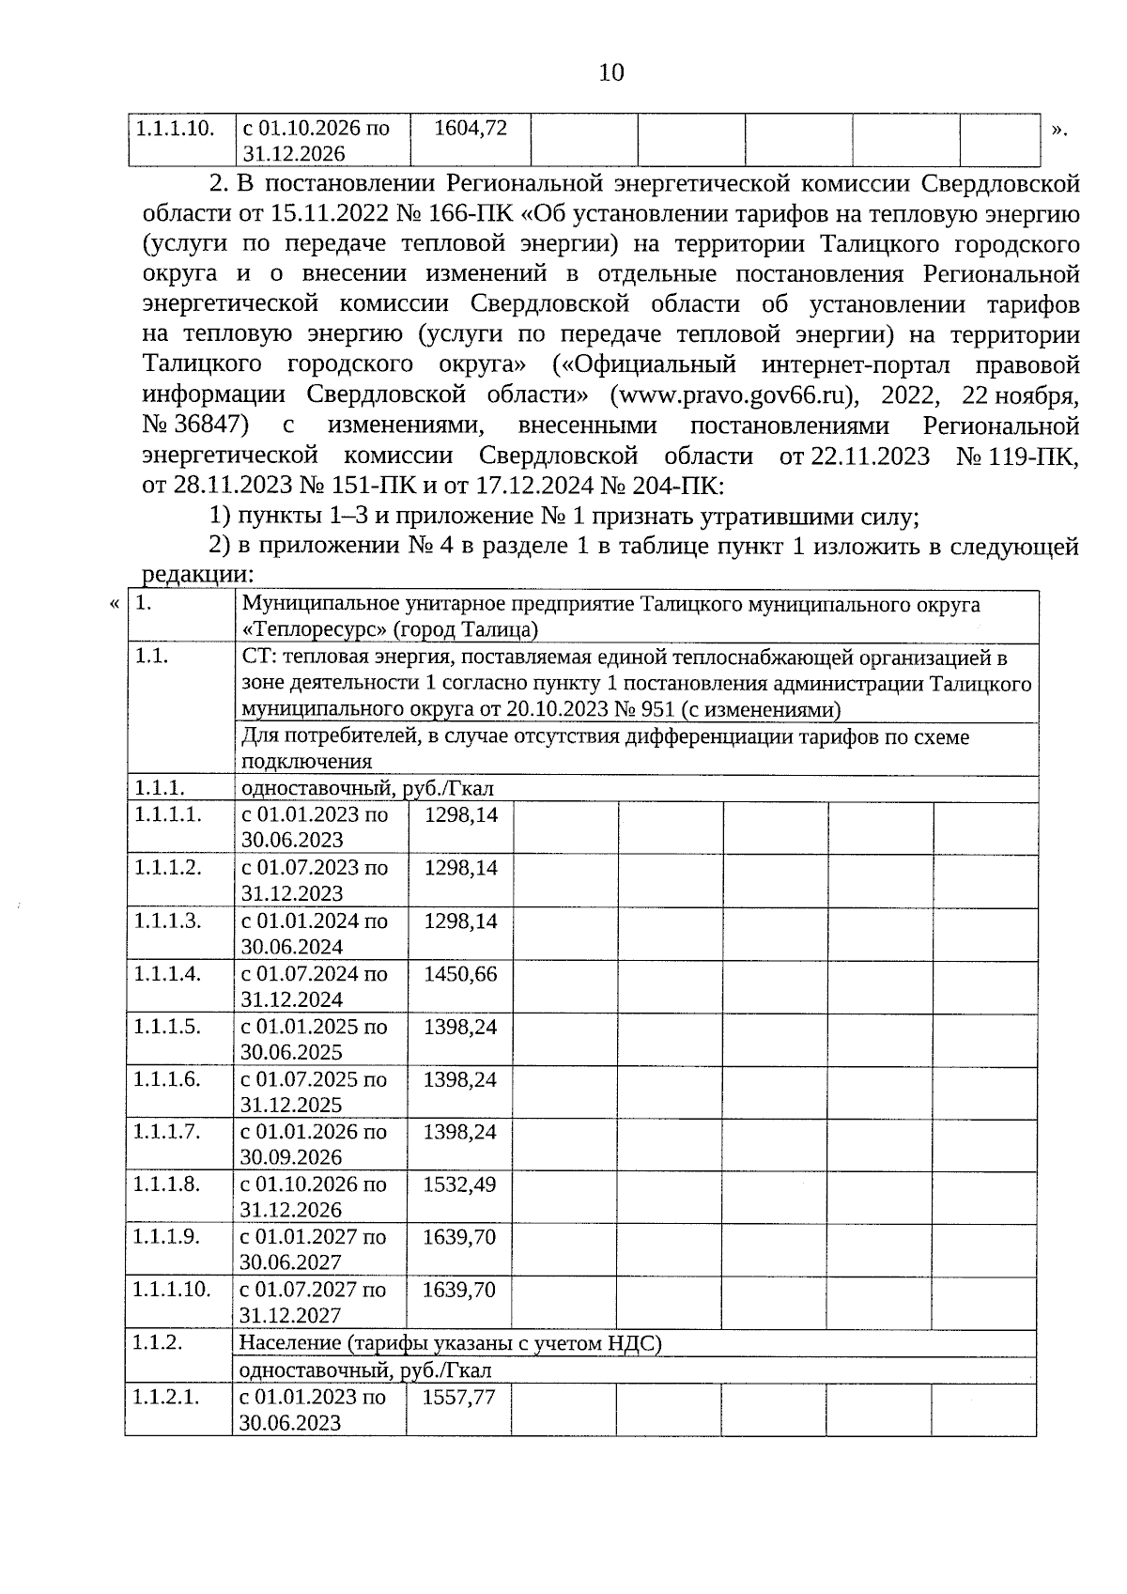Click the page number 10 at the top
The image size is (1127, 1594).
point(610,72)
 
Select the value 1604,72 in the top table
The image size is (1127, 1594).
point(471,128)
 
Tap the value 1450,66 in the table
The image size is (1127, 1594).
point(460,974)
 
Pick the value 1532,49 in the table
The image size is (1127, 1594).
point(459,1184)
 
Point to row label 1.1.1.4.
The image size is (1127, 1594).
point(167,974)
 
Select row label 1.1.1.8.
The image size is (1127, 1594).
point(167,1184)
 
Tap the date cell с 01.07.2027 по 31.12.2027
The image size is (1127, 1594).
point(313,1303)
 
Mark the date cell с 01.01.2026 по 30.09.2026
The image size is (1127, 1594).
point(313,1144)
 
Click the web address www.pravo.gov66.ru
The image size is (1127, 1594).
point(732,395)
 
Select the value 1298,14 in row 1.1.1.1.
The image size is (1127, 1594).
point(461,815)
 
